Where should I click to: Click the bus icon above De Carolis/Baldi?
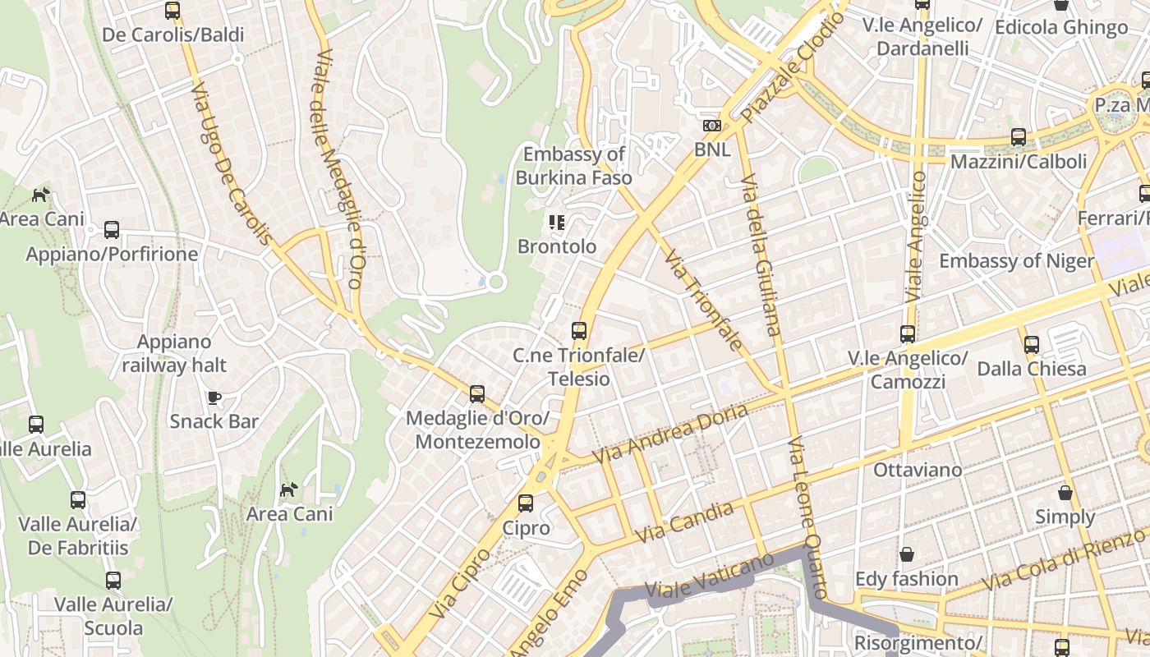[172, 11]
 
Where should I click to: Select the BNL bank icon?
[712, 126]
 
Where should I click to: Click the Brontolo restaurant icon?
[557, 222]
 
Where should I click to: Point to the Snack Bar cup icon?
[214, 397]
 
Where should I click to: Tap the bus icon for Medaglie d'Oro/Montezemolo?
[477, 393]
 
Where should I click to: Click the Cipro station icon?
[526, 503]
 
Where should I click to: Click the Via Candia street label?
[684, 521]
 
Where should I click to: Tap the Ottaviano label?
[918, 470]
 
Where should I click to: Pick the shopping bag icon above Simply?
[1065, 493]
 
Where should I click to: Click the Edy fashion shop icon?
[907, 554]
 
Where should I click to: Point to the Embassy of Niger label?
[1016, 261]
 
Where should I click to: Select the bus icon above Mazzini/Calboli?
[1019, 137]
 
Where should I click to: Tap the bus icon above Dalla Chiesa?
[1032, 345]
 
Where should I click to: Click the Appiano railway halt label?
[174, 353]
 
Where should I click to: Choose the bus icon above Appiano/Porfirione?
[112, 230]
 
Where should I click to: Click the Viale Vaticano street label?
[710, 576]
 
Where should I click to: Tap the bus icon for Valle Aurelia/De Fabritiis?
[78, 499]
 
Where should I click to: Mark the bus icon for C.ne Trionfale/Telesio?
[579, 331]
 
